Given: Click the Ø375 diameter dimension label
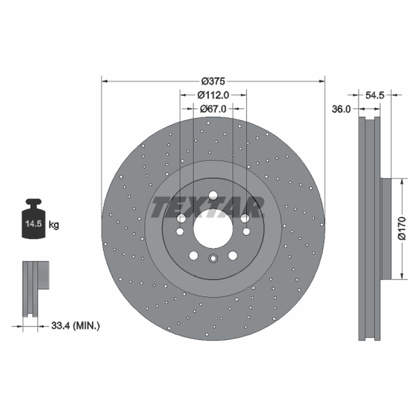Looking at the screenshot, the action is pyautogui.click(x=213, y=81).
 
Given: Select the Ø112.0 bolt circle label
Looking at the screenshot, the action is pyautogui.click(x=213, y=95).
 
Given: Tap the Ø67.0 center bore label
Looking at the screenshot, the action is pyautogui.click(x=213, y=108).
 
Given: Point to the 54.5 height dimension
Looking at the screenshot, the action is pyautogui.click(x=375, y=95).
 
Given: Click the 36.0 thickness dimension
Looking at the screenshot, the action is pyautogui.click(x=341, y=109).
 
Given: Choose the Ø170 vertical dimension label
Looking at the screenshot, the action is pyautogui.click(x=402, y=228).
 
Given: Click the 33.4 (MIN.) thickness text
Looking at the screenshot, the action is pyautogui.click(x=75, y=326).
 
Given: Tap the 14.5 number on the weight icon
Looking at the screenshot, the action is pyautogui.click(x=33, y=224).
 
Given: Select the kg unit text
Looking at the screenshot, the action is pyautogui.click(x=54, y=225).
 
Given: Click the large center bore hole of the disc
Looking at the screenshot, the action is pyautogui.click(x=213, y=229).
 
